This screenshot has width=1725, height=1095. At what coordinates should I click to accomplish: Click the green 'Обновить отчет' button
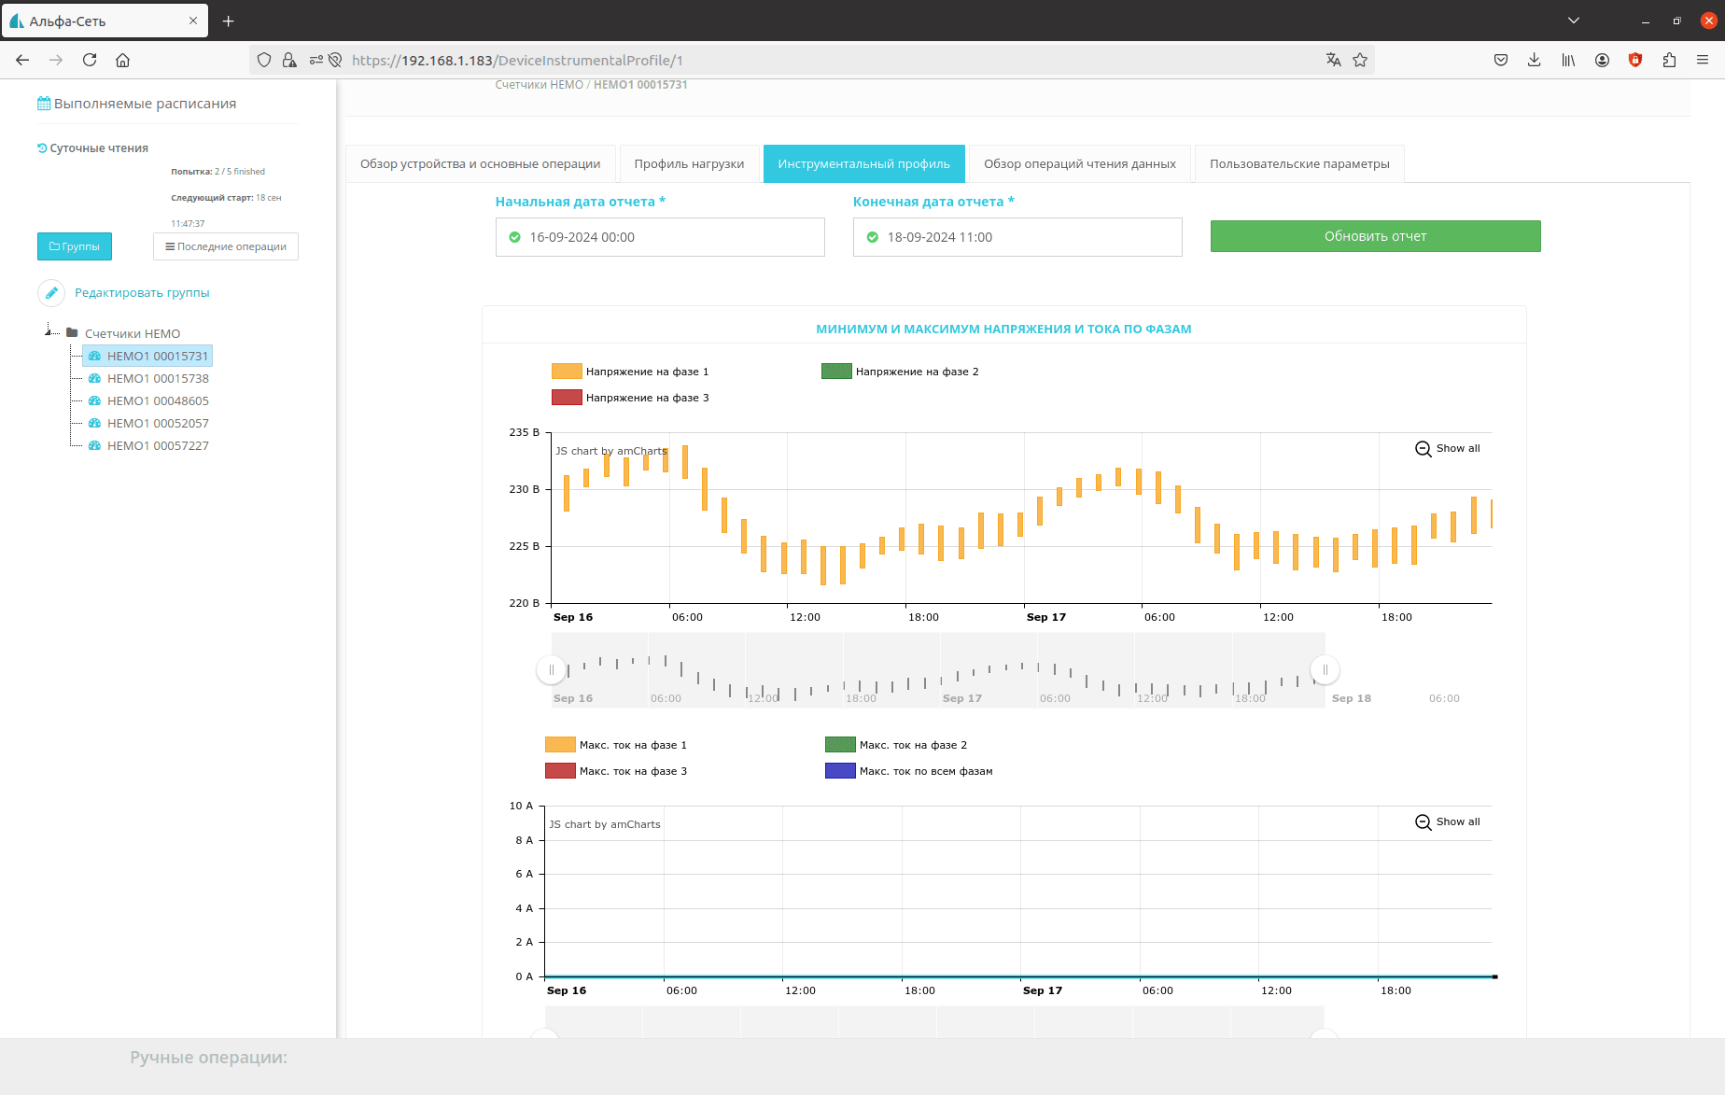click(x=1375, y=236)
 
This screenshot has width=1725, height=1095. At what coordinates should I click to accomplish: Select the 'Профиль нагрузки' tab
click(x=689, y=164)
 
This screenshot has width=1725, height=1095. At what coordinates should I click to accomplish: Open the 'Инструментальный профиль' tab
click(x=863, y=164)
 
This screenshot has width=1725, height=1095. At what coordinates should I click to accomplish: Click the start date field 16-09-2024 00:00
click(x=660, y=237)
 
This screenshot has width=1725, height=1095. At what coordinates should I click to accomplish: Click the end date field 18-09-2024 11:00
click(x=1017, y=237)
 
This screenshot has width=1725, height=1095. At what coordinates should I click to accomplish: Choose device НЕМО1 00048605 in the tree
click(x=158, y=401)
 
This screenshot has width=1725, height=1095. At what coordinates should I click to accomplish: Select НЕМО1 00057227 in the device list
click(x=158, y=446)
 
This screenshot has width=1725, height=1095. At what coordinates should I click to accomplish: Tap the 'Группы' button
click(x=75, y=246)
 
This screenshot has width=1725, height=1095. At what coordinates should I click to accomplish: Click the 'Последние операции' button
click(x=226, y=246)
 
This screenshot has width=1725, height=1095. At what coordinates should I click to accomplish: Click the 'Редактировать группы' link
click(x=142, y=293)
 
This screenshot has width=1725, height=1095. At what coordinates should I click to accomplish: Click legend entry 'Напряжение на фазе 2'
click(x=900, y=372)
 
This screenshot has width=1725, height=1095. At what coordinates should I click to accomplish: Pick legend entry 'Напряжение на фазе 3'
click(x=630, y=398)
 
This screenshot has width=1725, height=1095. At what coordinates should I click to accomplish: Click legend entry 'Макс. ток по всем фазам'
click(x=909, y=771)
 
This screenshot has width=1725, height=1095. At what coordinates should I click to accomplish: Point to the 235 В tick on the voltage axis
click(x=525, y=432)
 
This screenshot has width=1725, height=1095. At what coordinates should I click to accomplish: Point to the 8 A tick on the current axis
click(x=525, y=840)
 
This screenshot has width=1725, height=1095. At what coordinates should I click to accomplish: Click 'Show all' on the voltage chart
click(x=1448, y=449)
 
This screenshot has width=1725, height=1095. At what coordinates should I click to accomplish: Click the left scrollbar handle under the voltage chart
click(x=552, y=669)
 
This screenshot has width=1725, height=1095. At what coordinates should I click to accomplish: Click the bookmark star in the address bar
click(x=1360, y=60)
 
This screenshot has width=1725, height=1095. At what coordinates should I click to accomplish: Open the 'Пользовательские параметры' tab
click(x=1299, y=164)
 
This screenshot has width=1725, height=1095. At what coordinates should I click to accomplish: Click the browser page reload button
click(x=90, y=60)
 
